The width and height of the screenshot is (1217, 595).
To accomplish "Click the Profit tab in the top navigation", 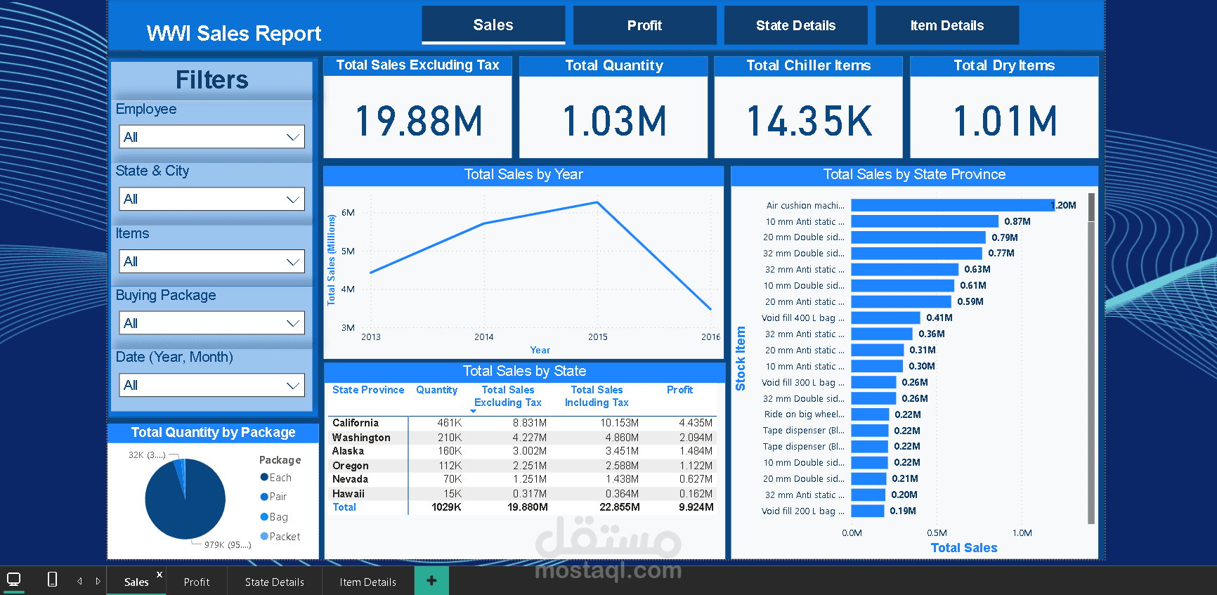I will (x=644, y=25).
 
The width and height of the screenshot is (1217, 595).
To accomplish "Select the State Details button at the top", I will (x=795, y=25).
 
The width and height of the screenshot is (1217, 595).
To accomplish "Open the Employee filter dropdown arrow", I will (x=293, y=137).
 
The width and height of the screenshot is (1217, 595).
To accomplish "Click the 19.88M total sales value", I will (x=419, y=121).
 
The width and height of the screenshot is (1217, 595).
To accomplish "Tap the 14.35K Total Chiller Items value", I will (x=809, y=121).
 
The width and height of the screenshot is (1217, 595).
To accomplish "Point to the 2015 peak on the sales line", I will (x=597, y=202).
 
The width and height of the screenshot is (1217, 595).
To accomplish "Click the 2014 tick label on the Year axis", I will (x=483, y=337).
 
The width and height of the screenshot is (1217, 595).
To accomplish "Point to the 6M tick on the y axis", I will (x=348, y=213).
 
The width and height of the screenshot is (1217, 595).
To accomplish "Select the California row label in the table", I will (x=356, y=423).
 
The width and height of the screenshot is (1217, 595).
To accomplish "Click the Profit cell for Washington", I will (x=696, y=438).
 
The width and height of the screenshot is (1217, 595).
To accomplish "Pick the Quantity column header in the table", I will (x=436, y=390).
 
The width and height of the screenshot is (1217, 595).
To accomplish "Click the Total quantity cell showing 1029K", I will (x=446, y=507).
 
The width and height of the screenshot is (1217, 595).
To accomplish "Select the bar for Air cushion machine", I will (x=952, y=205).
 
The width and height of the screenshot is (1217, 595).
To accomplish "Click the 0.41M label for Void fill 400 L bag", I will (x=939, y=318).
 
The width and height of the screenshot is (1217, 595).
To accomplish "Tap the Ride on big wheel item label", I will (x=804, y=414).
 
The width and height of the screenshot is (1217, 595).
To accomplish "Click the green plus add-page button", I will (x=431, y=581).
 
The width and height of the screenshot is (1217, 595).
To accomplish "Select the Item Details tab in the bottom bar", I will (x=367, y=582).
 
